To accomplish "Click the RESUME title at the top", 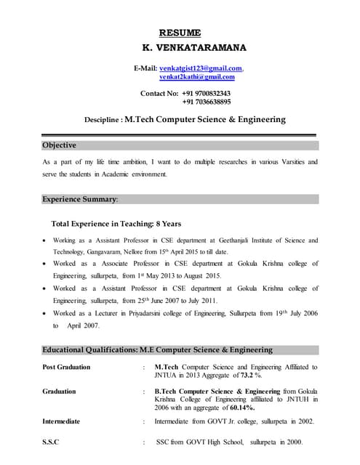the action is click(180, 32).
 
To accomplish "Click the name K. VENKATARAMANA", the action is click(194, 48).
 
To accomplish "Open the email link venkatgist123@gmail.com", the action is click(200, 67).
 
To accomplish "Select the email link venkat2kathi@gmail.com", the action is click(197, 76).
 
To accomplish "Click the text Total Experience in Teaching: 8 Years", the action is click(116, 224).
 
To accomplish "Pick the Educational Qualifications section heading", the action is click(157, 349).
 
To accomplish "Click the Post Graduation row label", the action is click(67, 367).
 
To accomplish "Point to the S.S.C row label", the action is click(51, 442).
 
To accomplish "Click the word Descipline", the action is click(101, 120).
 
